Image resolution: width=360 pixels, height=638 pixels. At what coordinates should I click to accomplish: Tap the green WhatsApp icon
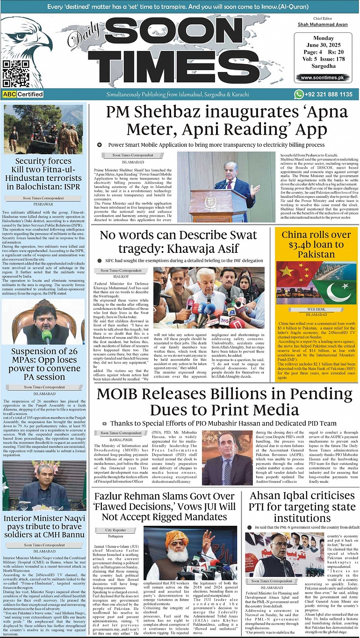tap(298, 94)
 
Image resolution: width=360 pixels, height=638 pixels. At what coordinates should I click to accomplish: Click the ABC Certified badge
tap(23, 94)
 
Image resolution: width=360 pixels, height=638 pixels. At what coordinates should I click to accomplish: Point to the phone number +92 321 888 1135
tap(330, 94)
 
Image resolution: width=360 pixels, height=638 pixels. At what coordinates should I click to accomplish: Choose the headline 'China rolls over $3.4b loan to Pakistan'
tap(316, 244)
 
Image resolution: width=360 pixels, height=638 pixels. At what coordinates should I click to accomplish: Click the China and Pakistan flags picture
tap(316, 283)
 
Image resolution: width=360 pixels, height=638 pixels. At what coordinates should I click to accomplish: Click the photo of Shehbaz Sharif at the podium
tap(226, 186)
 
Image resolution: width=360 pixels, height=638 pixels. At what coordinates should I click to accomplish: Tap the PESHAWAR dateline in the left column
tap(43, 204)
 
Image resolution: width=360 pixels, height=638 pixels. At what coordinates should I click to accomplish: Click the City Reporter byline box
tap(115, 530)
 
